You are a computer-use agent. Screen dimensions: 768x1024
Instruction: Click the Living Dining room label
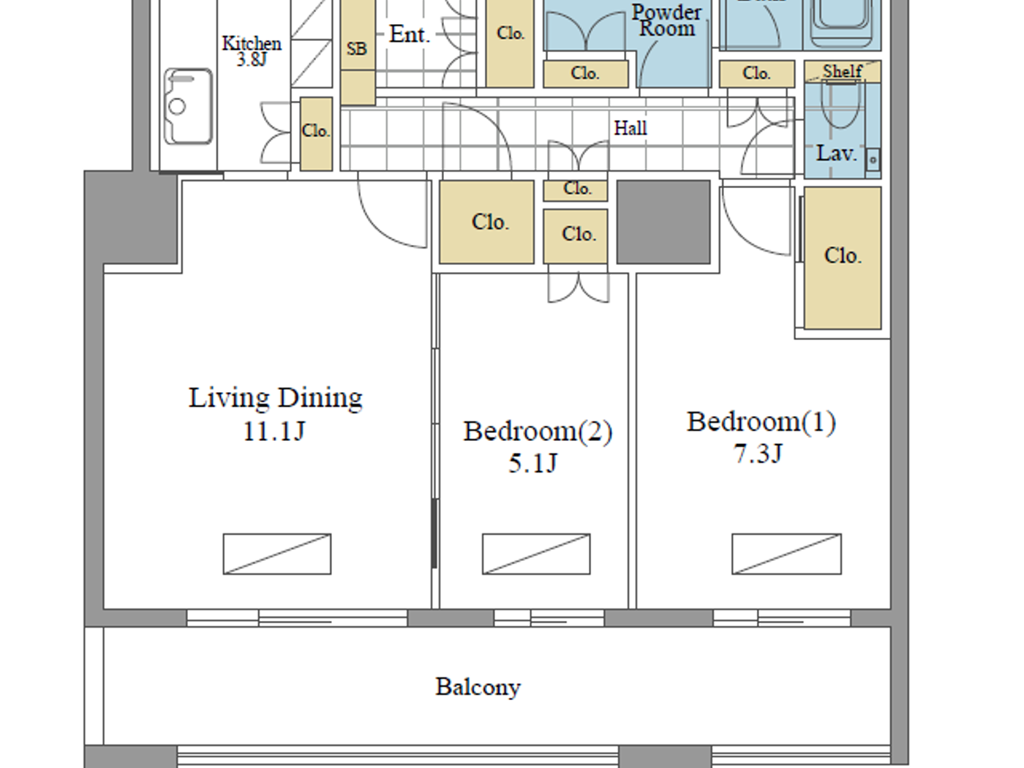276,398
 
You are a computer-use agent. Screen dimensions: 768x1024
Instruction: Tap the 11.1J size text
274,432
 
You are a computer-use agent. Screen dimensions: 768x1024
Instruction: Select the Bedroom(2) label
537,431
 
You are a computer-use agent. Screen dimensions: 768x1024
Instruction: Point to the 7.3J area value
758,454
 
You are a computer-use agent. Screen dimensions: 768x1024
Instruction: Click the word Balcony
478,687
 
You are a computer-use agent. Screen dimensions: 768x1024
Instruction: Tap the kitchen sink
188,107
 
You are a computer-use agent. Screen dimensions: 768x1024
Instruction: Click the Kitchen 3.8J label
251,50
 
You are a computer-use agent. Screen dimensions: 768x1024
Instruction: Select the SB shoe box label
357,49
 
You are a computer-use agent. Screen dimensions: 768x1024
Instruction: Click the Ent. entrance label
409,34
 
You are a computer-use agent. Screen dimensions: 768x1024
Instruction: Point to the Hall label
630,129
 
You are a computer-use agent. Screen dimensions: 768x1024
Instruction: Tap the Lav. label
836,154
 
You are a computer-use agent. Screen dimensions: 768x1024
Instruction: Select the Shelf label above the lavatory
842,71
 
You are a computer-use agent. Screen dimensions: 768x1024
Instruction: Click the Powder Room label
666,20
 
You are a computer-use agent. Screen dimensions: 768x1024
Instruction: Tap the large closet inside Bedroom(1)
842,256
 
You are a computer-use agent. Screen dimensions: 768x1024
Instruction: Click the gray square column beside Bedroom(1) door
663,222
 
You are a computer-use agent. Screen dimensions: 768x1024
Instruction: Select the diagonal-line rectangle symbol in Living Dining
276,554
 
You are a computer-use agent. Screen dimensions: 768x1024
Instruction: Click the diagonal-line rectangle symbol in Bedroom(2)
535,554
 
